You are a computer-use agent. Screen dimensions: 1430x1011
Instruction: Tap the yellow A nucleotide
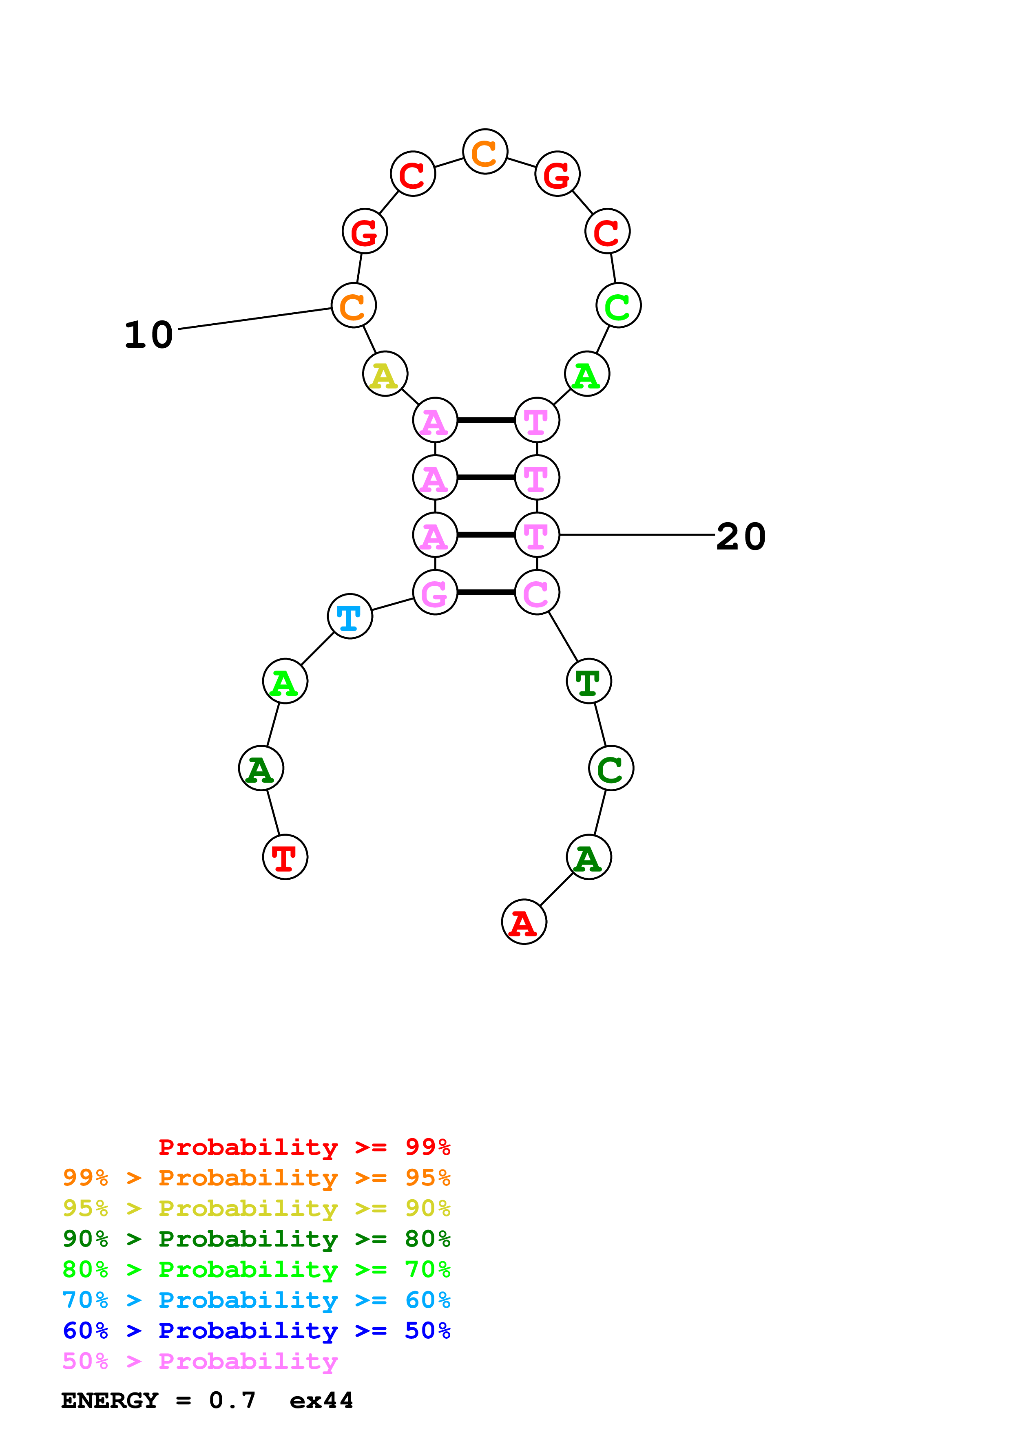tap(385, 374)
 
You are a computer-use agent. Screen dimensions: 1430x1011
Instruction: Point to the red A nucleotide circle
tap(524, 922)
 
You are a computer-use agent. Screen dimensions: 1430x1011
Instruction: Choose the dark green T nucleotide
tap(588, 681)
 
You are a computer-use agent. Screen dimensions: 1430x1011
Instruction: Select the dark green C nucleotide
tap(611, 768)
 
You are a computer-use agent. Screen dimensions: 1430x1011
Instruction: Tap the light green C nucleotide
tap(619, 305)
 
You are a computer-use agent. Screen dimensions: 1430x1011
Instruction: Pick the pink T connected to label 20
tap(537, 534)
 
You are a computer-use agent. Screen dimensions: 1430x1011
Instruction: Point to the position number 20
tap(741, 536)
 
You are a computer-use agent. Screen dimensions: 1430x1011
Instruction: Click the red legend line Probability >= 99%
tap(304, 1147)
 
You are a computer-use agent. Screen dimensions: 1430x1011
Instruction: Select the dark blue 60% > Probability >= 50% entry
tap(256, 1331)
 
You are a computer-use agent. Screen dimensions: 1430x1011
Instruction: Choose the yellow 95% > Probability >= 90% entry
tap(256, 1208)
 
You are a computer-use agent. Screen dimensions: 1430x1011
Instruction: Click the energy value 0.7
tap(232, 1400)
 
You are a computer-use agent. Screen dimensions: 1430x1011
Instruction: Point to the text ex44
tap(321, 1400)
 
